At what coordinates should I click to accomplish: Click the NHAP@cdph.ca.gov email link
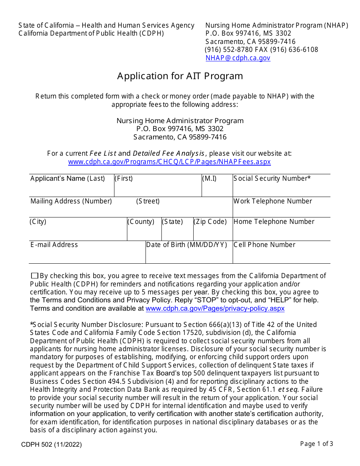(238, 58)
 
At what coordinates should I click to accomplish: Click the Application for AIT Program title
(180, 76)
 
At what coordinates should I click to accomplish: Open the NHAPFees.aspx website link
(169, 162)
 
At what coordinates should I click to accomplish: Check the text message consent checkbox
(34, 276)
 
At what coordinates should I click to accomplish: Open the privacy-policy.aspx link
(215, 308)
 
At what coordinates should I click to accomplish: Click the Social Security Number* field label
(272, 178)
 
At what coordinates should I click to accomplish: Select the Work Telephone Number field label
(273, 201)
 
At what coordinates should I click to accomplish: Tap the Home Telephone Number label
(274, 222)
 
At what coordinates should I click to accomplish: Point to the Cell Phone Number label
(265, 245)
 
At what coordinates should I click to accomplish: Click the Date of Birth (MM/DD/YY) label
(186, 245)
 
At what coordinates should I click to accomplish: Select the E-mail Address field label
(54, 245)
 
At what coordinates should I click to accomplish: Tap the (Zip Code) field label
(210, 222)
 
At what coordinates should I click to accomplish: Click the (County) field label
(141, 222)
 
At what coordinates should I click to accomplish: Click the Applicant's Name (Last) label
(68, 178)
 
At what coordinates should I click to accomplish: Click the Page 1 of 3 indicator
(316, 444)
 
